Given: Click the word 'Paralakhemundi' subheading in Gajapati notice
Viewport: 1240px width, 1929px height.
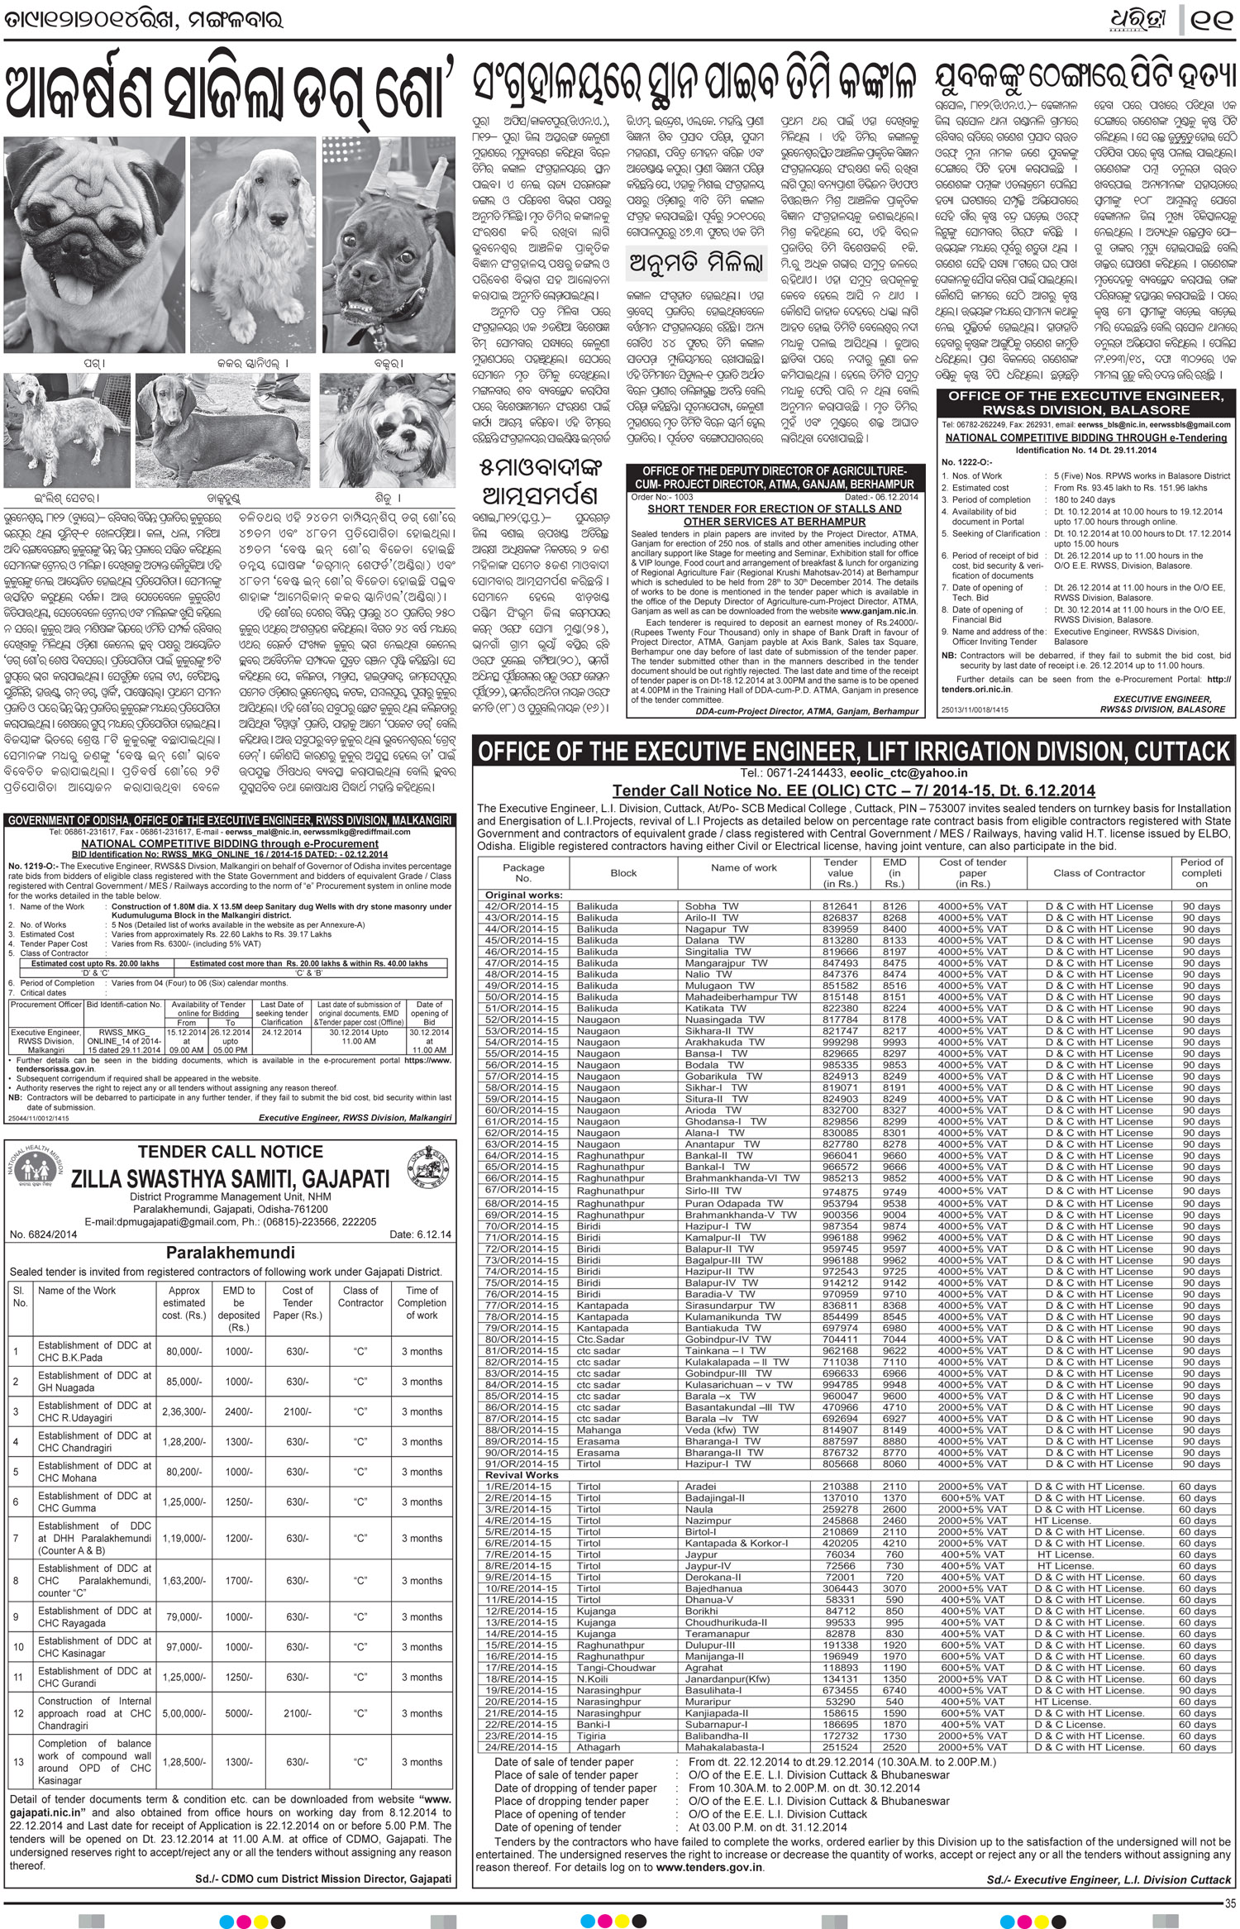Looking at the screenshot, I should [x=230, y=1252].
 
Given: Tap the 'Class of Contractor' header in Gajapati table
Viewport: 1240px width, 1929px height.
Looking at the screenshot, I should [x=360, y=1296].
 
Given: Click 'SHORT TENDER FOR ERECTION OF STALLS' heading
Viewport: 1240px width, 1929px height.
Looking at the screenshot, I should [x=775, y=509].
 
